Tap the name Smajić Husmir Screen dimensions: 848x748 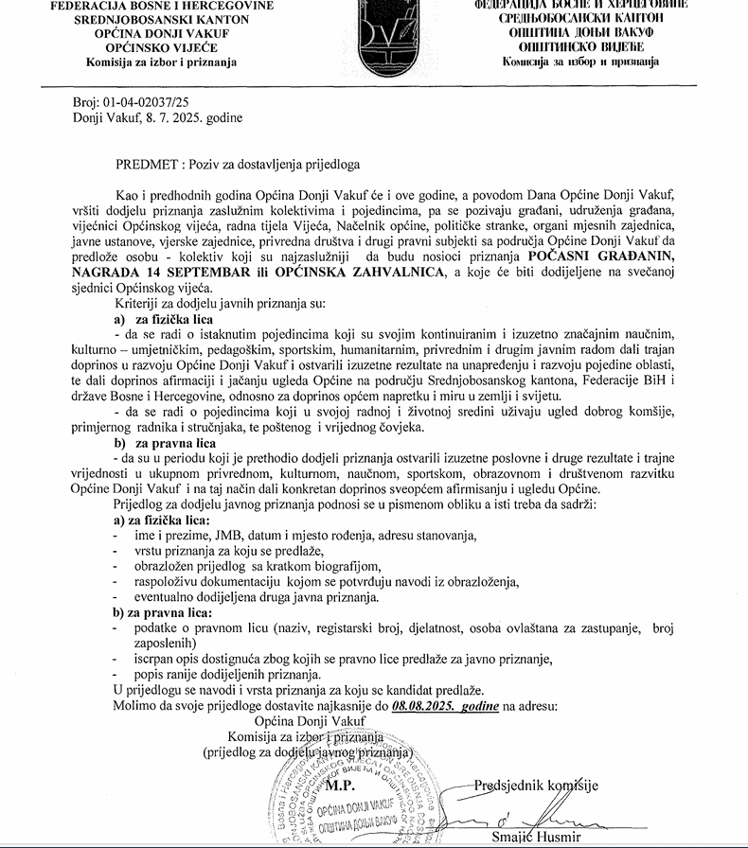click(542, 838)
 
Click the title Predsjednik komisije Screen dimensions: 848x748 click(536, 784)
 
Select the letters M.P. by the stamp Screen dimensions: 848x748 click(340, 785)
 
